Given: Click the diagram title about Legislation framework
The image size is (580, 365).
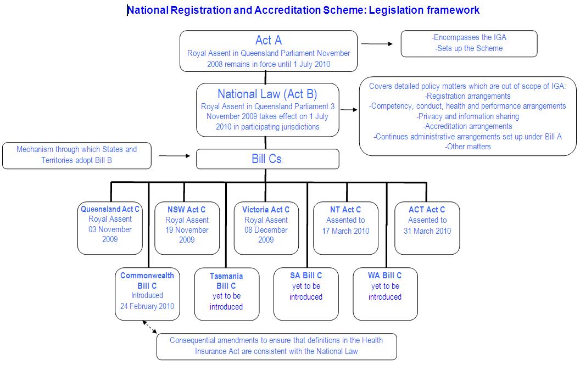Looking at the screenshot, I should coord(304,10).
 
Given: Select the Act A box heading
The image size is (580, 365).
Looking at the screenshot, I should coord(269,41).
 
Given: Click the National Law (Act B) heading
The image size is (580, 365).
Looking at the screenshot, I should coord(267,94).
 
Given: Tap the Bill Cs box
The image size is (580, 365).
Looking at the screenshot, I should coord(267,159).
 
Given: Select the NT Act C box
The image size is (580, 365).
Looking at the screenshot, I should coord(345,227).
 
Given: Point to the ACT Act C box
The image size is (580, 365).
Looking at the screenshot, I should coord(427,228).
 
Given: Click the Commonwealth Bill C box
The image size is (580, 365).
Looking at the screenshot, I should coord(147,293).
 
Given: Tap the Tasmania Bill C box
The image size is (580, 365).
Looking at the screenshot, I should coord(226,294).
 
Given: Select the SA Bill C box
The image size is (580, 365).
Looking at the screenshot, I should coord(306,293).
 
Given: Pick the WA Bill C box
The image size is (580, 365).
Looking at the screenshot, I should coord(385,293).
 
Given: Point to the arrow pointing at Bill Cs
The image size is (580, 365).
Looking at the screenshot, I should coord(174,156).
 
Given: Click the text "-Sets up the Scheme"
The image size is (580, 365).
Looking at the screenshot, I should coord(469,48).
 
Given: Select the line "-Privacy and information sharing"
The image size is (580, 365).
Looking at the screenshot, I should coord(468,116).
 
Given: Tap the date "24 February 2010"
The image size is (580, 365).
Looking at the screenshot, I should coord(147,306).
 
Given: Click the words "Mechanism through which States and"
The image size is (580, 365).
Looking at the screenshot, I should coord(76,149).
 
